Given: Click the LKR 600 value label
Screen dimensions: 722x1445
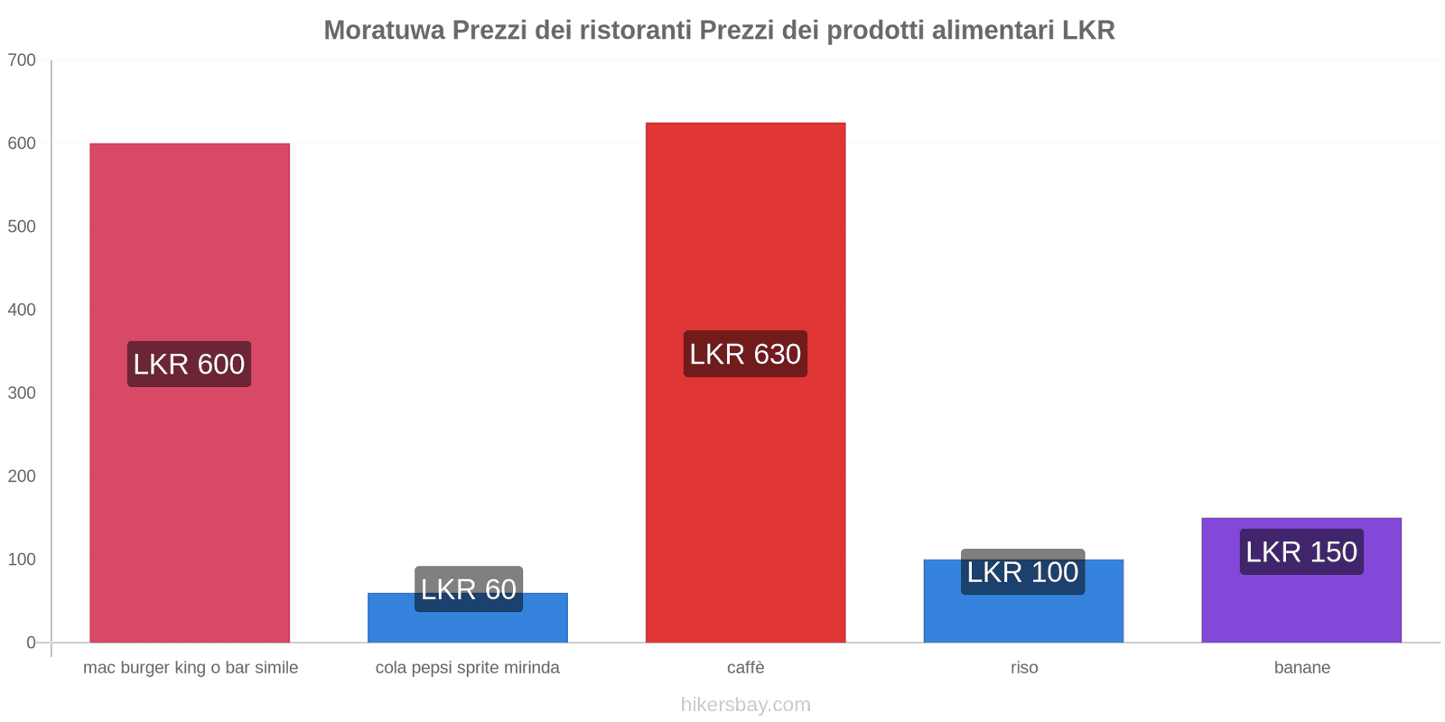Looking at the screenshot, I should click(x=189, y=364).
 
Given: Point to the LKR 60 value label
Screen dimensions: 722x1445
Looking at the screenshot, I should click(x=469, y=588).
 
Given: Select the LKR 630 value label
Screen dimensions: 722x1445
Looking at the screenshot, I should click(x=745, y=354).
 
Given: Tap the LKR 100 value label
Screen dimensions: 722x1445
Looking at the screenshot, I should click(x=1022, y=571).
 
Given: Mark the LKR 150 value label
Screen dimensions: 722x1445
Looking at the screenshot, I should click(x=1301, y=551).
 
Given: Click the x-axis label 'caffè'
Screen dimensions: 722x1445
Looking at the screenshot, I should click(x=746, y=668).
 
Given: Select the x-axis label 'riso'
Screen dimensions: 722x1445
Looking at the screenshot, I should click(x=1024, y=668).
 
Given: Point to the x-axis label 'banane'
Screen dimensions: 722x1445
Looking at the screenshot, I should click(x=1301, y=668).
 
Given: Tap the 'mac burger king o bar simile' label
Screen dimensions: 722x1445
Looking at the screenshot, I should click(x=191, y=668).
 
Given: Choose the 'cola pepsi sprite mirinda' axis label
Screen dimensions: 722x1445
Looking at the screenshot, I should click(x=468, y=668).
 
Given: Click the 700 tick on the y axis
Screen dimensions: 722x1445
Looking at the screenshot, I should click(x=22, y=60).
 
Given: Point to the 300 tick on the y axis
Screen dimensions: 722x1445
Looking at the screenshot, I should click(x=22, y=393).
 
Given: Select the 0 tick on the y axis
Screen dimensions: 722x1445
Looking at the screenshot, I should click(x=31, y=643).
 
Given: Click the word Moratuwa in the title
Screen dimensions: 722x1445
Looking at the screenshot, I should click(x=384, y=31).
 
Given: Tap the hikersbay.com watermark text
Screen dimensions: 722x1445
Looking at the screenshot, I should click(x=746, y=705).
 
